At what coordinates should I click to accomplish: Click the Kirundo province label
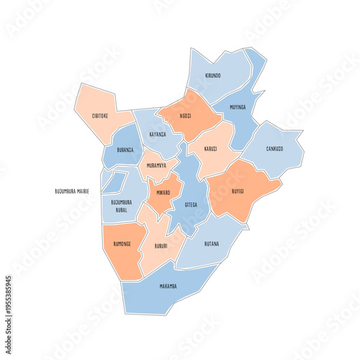[x=213, y=75]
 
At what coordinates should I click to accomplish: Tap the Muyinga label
[x=238, y=107]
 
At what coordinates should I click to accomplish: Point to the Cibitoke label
[x=101, y=115]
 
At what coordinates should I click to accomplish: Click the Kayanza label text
[x=158, y=134]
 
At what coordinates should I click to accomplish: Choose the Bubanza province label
[x=125, y=150]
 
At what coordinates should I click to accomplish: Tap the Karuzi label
[x=210, y=149]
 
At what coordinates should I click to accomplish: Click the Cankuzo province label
[x=274, y=149]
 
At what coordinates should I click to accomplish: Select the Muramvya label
[x=156, y=165]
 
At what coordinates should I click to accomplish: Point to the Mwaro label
[x=163, y=193]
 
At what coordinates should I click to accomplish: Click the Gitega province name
[x=190, y=204]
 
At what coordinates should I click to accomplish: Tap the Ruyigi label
[x=238, y=192]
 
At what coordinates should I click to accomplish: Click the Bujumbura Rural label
[x=122, y=206]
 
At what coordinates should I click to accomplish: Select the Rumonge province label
[x=122, y=244]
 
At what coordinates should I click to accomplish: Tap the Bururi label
[x=162, y=246]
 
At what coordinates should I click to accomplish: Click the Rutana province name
[x=211, y=244]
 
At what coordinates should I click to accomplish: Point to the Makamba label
[x=168, y=286]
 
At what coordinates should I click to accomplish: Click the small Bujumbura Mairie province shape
[x=112, y=182]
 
